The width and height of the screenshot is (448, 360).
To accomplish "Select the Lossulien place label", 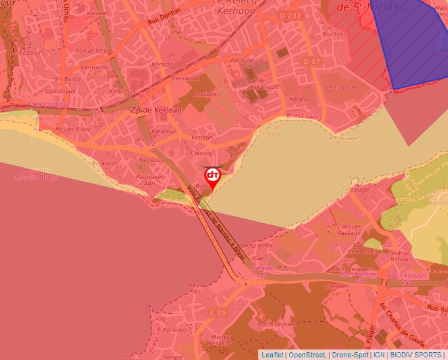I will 207,94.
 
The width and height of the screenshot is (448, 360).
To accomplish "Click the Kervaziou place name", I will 186,78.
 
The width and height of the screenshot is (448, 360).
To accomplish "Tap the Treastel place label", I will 337,286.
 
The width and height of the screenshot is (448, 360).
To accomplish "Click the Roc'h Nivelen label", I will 275,324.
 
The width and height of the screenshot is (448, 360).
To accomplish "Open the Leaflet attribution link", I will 272,355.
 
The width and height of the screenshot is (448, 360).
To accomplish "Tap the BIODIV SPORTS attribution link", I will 417,355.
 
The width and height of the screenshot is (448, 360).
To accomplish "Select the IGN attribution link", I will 379,355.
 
